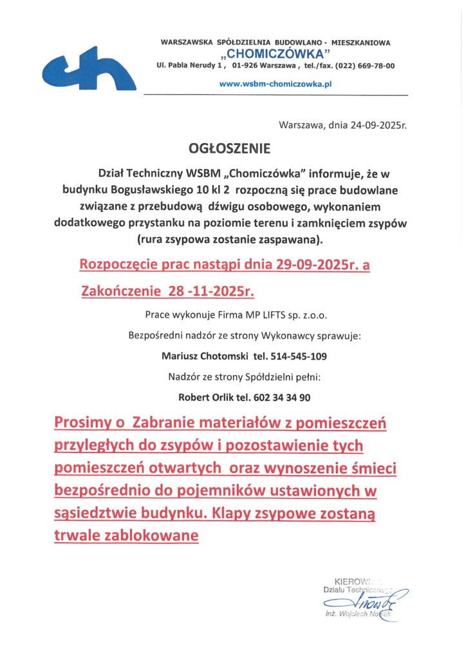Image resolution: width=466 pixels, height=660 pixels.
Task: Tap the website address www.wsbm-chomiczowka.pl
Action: (275, 83)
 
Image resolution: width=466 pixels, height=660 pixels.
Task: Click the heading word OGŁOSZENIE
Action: (230, 149)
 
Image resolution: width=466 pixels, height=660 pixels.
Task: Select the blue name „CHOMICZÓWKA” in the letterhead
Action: (275, 53)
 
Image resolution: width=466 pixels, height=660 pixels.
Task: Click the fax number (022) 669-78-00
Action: (367, 66)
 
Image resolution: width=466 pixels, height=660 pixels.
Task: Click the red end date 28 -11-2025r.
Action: (211, 291)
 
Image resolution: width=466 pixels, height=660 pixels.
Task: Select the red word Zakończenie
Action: (121, 291)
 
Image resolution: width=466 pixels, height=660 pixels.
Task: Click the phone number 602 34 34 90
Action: (286, 398)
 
